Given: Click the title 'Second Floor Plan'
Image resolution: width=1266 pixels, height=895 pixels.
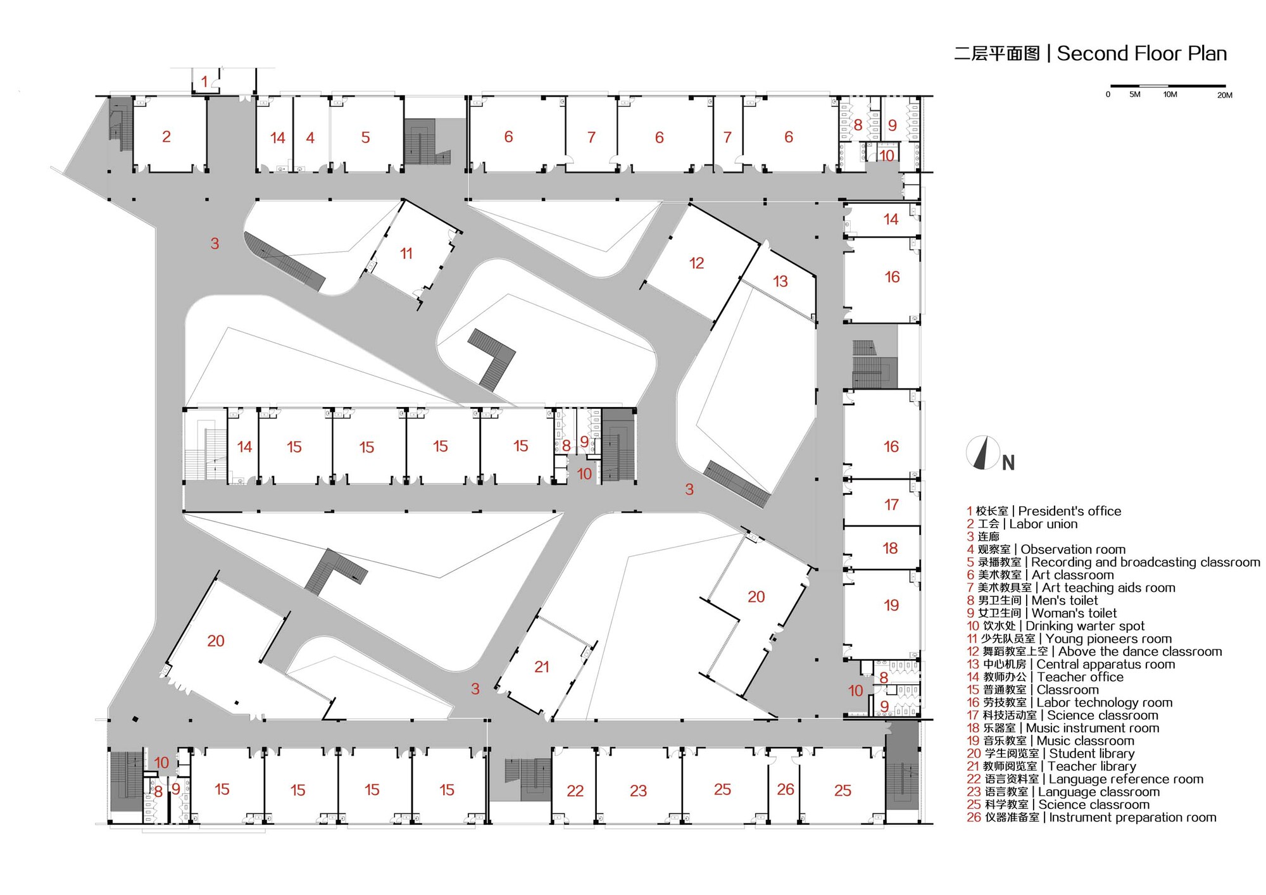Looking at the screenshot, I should (x=1141, y=54).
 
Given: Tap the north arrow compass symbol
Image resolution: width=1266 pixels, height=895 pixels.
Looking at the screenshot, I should (x=983, y=453).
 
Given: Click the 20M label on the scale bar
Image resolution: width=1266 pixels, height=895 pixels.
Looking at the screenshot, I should (x=1224, y=95).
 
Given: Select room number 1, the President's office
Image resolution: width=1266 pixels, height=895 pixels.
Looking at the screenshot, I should (x=204, y=82).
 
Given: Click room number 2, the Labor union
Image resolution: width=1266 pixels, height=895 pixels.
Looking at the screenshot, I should (x=166, y=137).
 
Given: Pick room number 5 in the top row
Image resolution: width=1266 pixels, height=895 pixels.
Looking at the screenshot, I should (x=365, y=138).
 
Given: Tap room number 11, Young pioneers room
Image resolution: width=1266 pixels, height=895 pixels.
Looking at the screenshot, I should (x=406, y=254).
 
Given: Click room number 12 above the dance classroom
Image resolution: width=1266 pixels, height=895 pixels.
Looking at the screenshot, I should (x=696, y=263).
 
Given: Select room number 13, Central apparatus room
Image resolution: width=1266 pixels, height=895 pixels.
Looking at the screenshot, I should (x=780, y=282).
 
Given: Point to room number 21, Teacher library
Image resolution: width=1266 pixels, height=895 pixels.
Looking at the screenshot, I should (x=541, y=667).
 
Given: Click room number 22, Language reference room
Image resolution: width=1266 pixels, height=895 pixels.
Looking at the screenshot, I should (x=575, y=791).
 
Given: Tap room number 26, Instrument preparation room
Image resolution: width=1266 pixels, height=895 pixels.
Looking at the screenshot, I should (x=785, y=789).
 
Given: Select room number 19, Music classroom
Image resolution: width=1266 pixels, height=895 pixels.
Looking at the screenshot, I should (x=891, y=606).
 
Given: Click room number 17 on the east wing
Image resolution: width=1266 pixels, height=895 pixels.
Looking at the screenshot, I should (x=891, y=505).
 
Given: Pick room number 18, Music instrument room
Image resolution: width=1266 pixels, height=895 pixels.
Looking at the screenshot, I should (x=890, y=549).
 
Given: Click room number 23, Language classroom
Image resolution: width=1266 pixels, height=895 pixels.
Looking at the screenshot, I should (x=638, y=791).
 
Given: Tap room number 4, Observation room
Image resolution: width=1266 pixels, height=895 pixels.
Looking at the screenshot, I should (x=310, y=138).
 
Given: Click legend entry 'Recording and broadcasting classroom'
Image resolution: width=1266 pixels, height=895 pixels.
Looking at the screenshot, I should (x=1145, y=562).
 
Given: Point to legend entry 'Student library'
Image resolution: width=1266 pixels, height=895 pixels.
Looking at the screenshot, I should (x=1091, y=753).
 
